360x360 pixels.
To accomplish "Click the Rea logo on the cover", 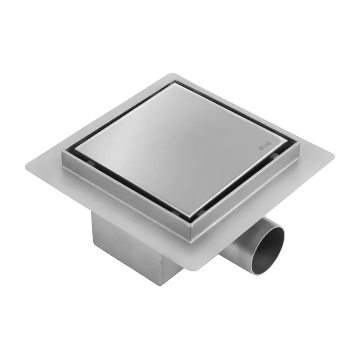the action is [x=265, y=145].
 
